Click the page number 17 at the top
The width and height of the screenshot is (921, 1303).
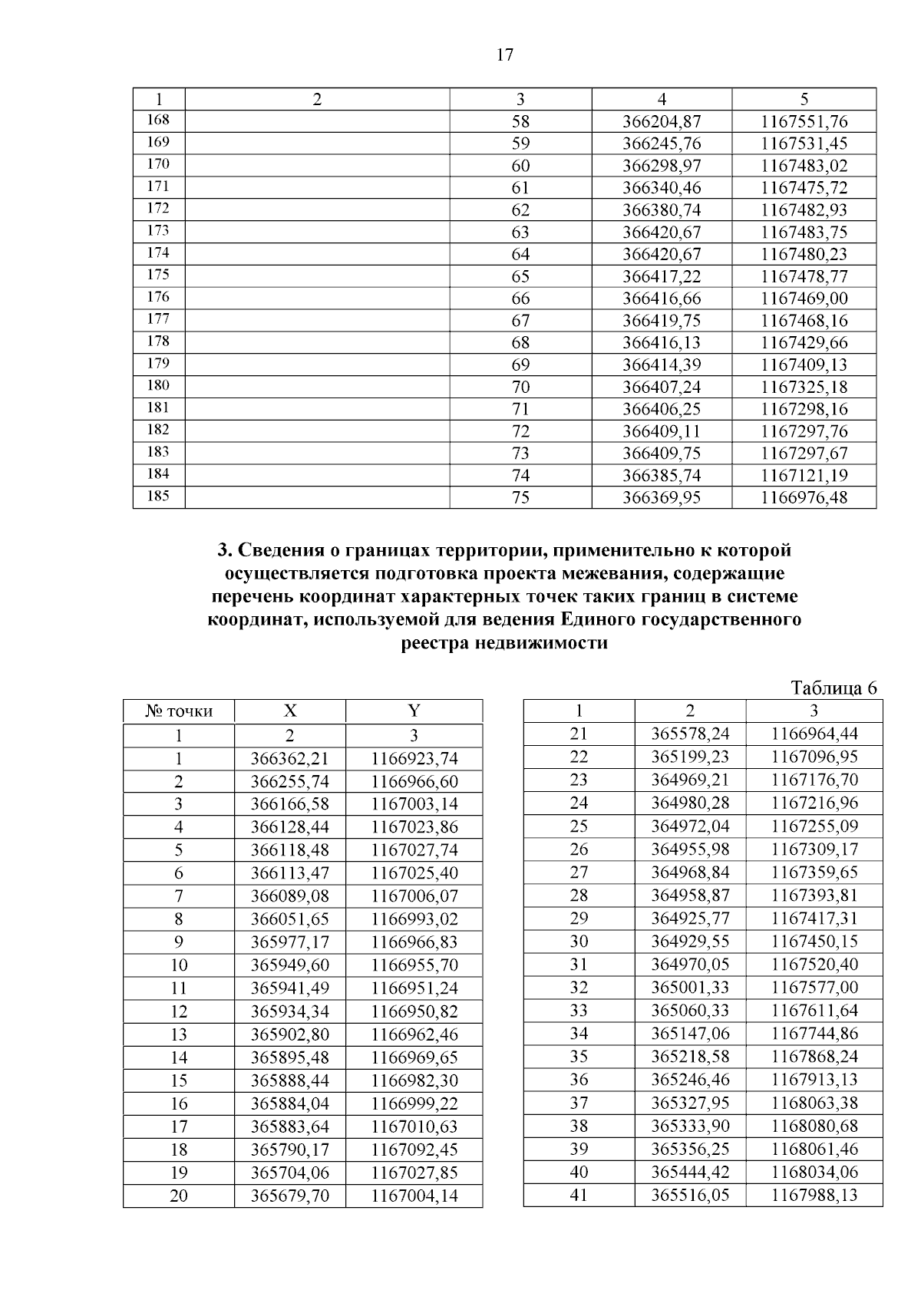[x=504, y=55]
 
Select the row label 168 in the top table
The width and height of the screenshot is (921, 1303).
[x=158, y=120]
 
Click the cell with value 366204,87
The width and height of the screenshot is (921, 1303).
[x=661, y=121]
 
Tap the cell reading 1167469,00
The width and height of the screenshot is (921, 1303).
[x=804, y=299]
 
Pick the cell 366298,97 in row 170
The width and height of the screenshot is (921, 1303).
[x=661, y=166]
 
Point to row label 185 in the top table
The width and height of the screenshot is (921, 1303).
[x=158, y=496]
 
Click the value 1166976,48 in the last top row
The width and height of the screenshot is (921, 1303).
[x=804, y=497]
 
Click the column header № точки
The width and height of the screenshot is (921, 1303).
[x=179, y=711]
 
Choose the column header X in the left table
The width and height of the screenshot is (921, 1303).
[x=290, y=711]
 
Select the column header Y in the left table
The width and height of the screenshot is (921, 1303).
[x=414, y=711]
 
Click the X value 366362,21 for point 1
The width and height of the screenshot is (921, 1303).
[x=290, y=759]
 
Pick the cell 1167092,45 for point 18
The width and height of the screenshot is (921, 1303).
[x=414, y=1150]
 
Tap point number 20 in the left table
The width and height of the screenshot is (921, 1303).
[x=179, y=1196]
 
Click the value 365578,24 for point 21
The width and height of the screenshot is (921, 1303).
[x=690, y=734]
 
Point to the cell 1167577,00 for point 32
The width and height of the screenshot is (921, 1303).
[x=814, y=988]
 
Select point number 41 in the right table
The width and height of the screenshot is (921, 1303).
[x=579, y=1195]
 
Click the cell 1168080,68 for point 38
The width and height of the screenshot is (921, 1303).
[x=814, y=1126]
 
